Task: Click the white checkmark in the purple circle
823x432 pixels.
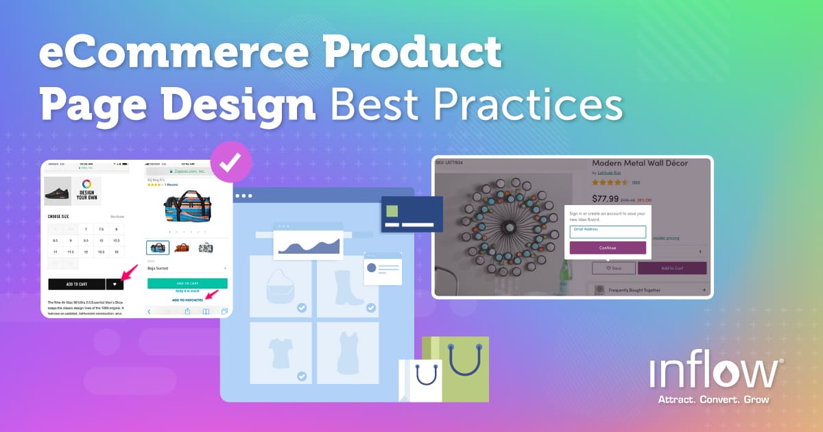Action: pos(231,163)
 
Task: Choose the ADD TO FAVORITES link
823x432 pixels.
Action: pos(187,300)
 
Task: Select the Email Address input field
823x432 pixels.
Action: pos(608,232)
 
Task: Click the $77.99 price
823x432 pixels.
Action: pos(605,200)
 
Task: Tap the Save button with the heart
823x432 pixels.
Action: pos(610,268)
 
